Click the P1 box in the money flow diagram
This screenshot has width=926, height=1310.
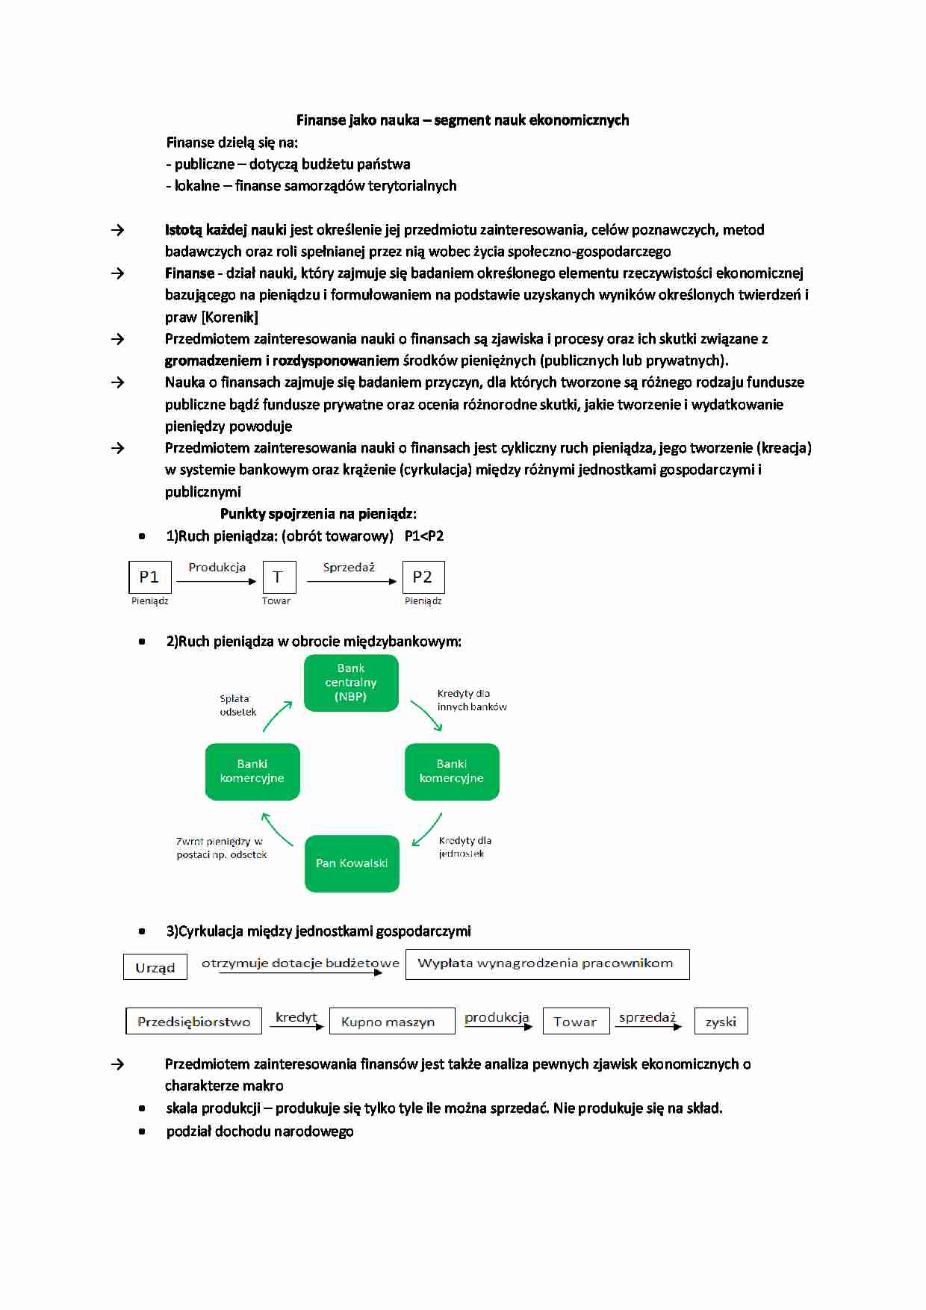point(150,577)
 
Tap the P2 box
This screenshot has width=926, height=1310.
point(423,577)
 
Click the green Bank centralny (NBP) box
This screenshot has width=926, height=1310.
point(351,683)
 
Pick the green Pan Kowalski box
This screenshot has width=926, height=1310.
point(352,863)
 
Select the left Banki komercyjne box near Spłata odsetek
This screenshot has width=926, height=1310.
point(252,772)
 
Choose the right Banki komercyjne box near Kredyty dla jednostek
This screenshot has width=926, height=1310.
point(452,772)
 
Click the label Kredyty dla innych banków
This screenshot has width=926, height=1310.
point(471,700)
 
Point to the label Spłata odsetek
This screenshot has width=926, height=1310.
point(237,705)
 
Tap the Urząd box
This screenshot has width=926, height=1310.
point(155,967)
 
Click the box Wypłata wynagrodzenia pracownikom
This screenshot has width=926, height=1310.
point(547,963)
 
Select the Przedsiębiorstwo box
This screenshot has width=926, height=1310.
point(193,1022)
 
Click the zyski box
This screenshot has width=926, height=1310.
point(721,1022)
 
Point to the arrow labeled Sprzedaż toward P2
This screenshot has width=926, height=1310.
point(351,581)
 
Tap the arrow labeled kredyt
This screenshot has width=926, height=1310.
point(296,1027)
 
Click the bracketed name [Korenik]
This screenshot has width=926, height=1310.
point(229,317)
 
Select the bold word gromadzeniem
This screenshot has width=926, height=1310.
point(213,361)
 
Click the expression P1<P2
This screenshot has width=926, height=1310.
point(423,536)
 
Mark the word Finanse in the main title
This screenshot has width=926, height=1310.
point(320,120)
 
